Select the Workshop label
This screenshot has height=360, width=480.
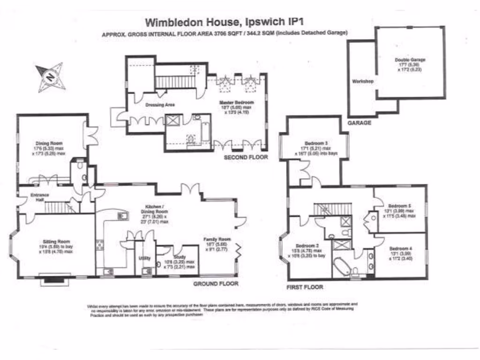(362, 81)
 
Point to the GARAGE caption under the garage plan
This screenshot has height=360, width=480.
(360, 123)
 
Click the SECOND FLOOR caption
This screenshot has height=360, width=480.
(246, 157)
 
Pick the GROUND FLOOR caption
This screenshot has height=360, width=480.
(216, 284)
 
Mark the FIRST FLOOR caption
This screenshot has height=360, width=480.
(305, 287)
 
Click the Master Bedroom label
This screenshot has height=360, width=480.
(237, 103)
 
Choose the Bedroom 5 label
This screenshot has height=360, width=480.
(400, 205)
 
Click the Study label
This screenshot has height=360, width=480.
(180, 257)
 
